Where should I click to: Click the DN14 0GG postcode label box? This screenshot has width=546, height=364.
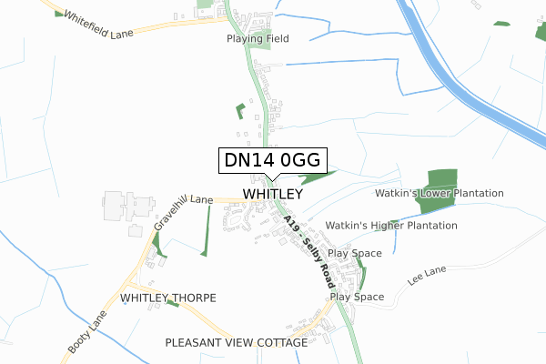[271, 160]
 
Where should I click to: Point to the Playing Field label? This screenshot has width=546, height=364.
[258, 39]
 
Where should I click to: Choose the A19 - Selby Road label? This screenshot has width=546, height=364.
[307, 252]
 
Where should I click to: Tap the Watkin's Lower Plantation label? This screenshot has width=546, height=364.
[440, 194]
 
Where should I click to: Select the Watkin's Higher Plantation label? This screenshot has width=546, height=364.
[391, 225]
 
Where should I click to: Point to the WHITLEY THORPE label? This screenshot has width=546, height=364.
[168, 298]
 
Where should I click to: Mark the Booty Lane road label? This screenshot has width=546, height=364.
[86, 332]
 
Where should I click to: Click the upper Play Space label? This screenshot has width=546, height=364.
[355, 253]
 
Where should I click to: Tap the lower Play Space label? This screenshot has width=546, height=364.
[357, 297]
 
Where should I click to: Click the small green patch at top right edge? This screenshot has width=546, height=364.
[501, 24]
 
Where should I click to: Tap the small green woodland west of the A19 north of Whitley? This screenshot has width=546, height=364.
[240, 111]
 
